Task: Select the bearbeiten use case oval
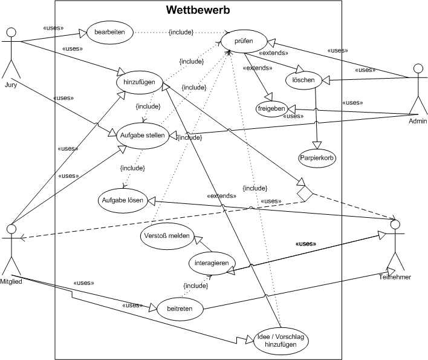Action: click(110, 32)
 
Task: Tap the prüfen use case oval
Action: click(244, 42)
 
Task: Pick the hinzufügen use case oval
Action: click(139, 82)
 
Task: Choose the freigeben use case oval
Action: click(271, 108)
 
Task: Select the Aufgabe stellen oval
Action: click(142, 136)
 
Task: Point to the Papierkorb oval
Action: click(317, 158)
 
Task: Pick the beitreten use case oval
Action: click(180, 309)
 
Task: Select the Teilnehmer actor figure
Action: click(395, 248)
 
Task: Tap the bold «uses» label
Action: click(306, 244)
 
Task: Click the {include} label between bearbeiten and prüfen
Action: click(181, 32)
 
